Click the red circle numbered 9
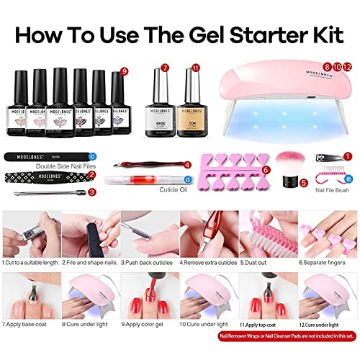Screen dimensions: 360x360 point(125,71)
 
